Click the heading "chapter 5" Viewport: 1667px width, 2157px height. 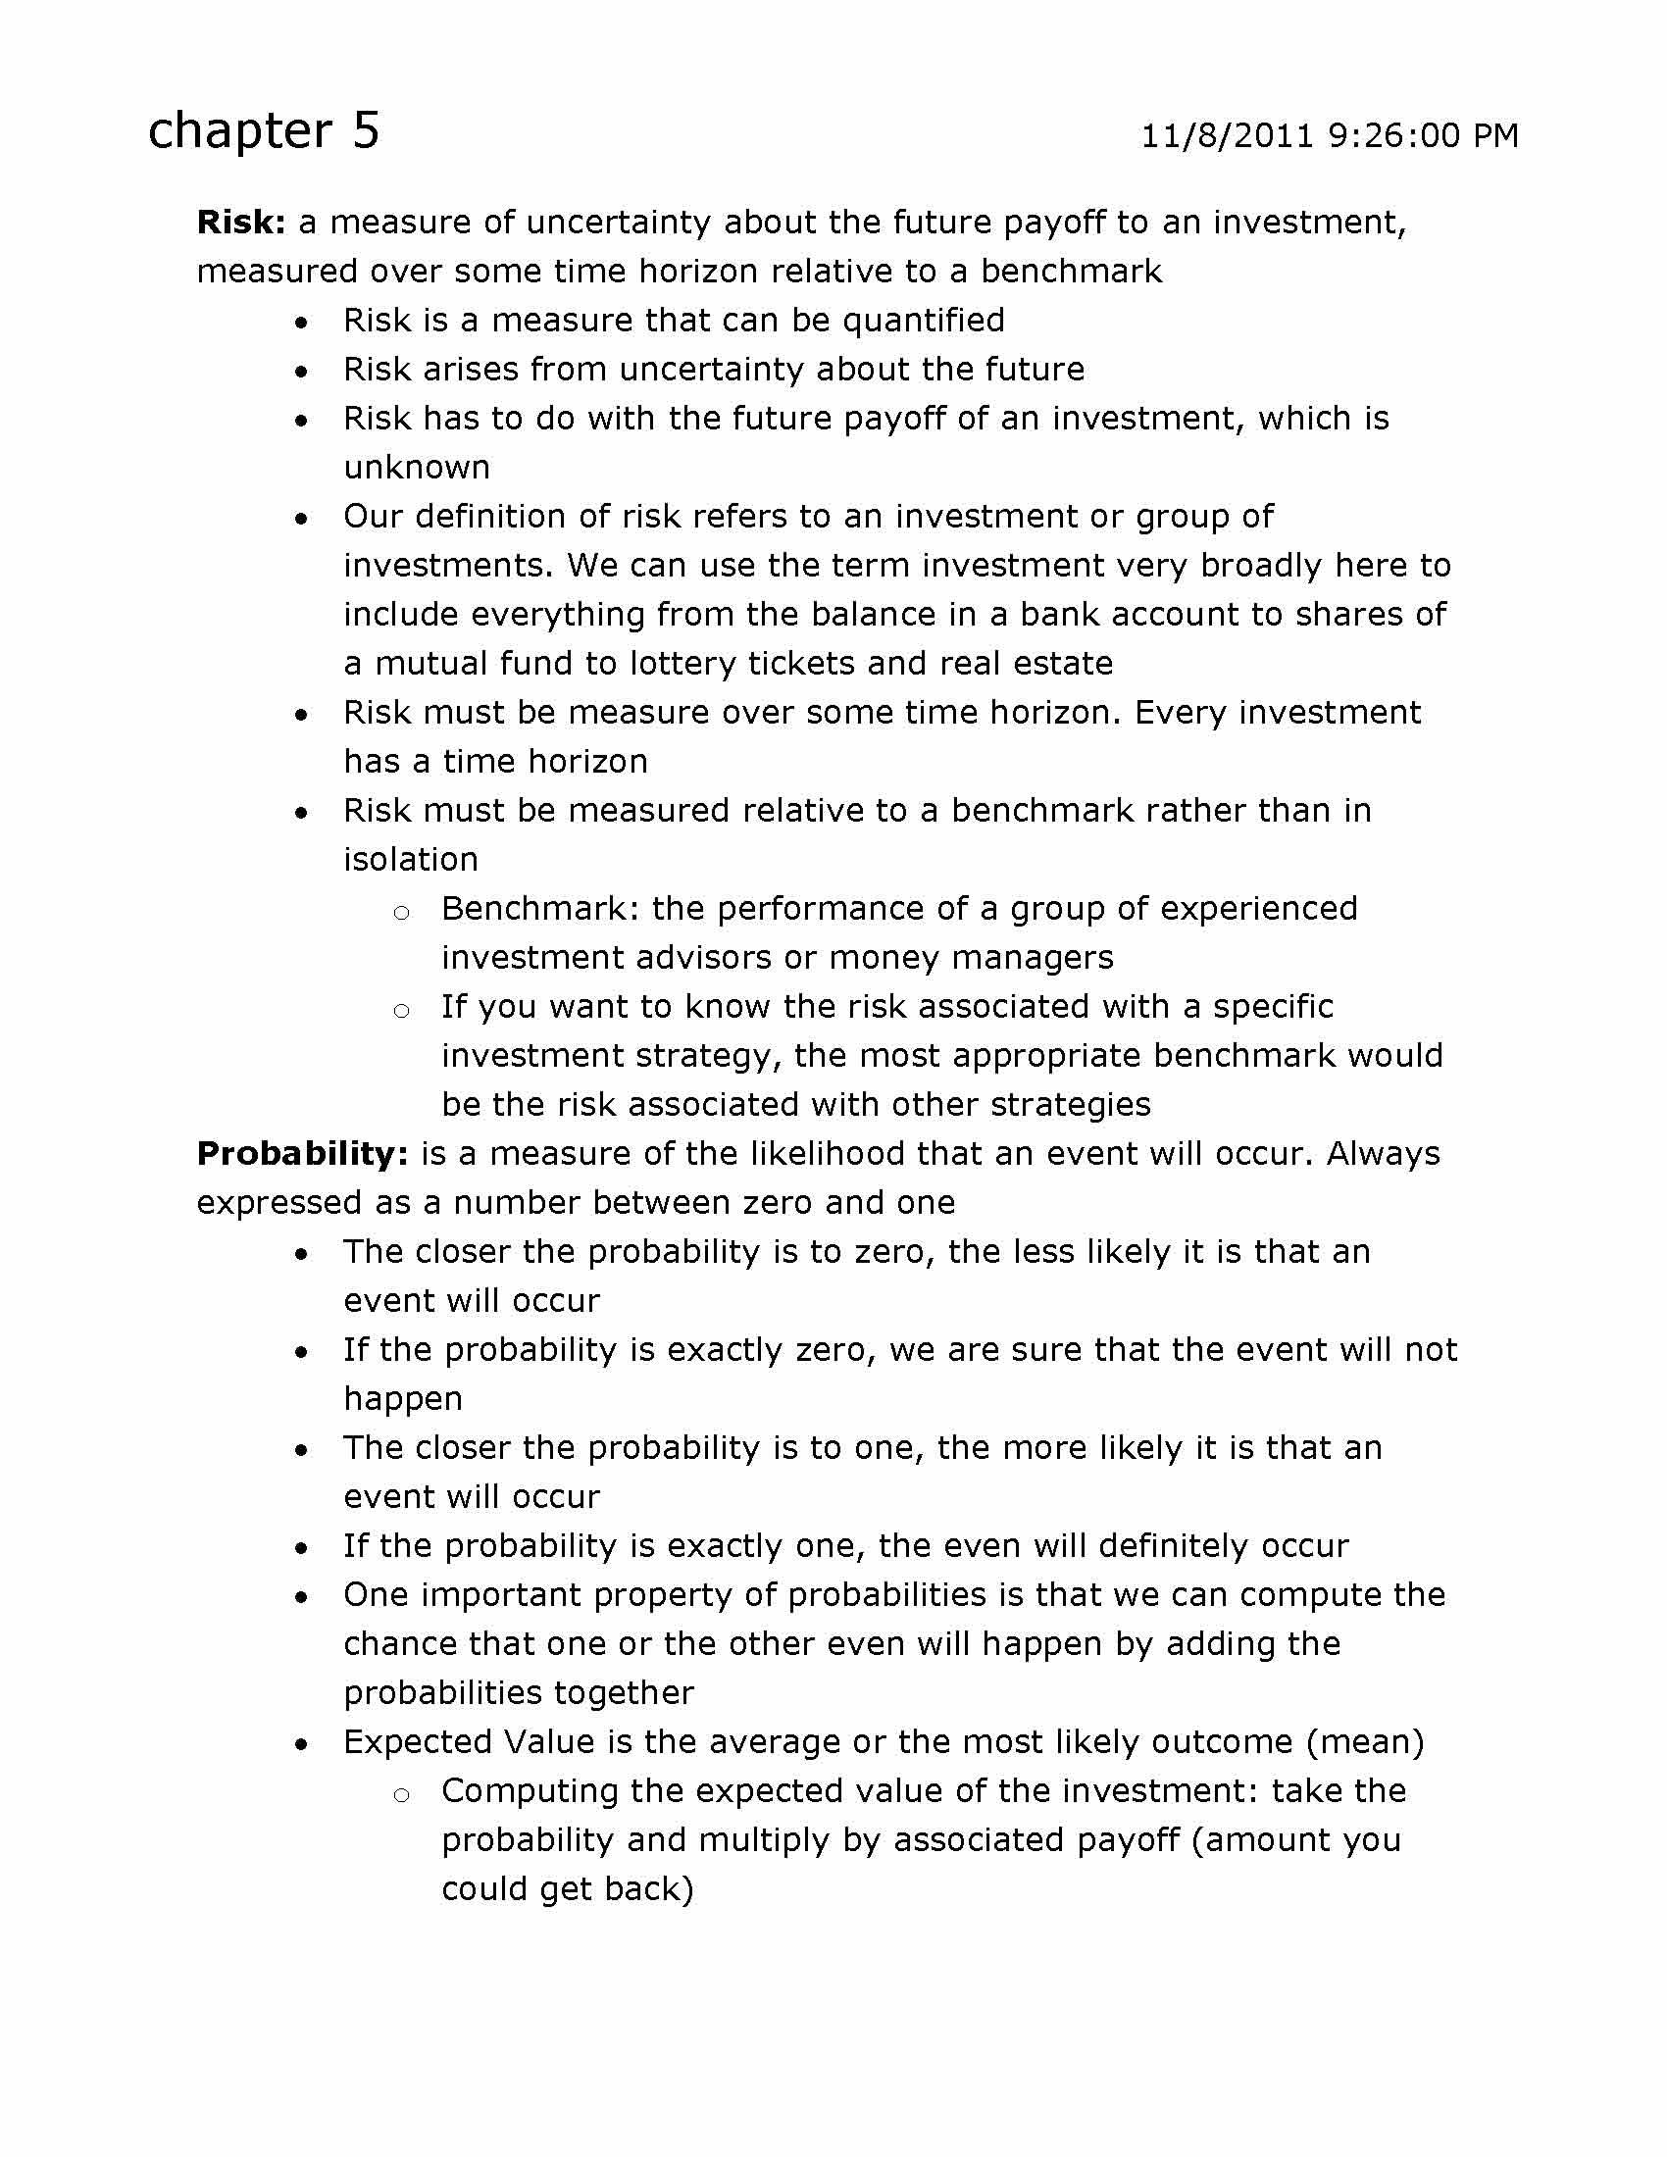coord(263,131)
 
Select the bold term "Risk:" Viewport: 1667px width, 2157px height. coord(241,223)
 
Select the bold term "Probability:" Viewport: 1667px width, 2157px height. coord(303,1154)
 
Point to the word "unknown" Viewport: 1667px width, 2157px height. coord(417,467)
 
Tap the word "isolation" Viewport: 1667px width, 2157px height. coord(411,859)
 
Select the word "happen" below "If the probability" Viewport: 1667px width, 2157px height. coord(403,1399)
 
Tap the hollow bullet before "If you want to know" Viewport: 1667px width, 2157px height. coord(401,1010)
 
